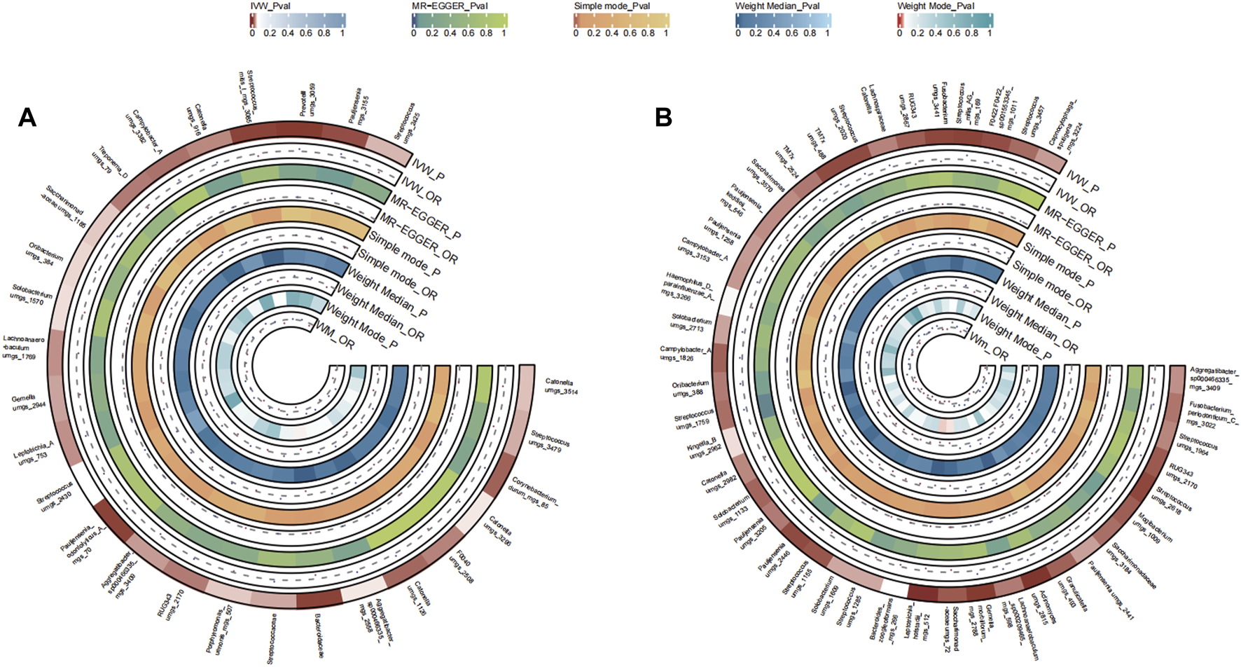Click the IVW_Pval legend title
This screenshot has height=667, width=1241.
(x=270, y=6)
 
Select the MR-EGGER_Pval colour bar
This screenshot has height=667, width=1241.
(x=459, y=20)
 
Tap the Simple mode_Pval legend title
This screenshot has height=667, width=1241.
(x=611, y=6)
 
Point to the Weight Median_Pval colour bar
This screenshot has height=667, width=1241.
(x=783, y=20)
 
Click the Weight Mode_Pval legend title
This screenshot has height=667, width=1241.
(x=936, y=6)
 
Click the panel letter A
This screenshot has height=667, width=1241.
(x=27, y=117)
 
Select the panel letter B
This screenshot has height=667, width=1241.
(x=663, y=117)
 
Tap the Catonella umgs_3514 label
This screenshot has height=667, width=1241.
(x=561, y=386)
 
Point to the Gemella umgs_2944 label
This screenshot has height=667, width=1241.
(x=29, y=403)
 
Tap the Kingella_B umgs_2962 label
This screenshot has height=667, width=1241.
(x=703, y=448)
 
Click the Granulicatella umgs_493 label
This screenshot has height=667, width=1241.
(x=1076, y=594)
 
